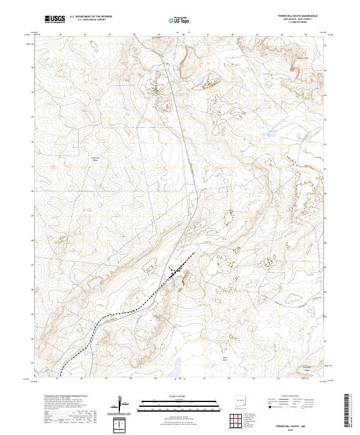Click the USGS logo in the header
point(55,20)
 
